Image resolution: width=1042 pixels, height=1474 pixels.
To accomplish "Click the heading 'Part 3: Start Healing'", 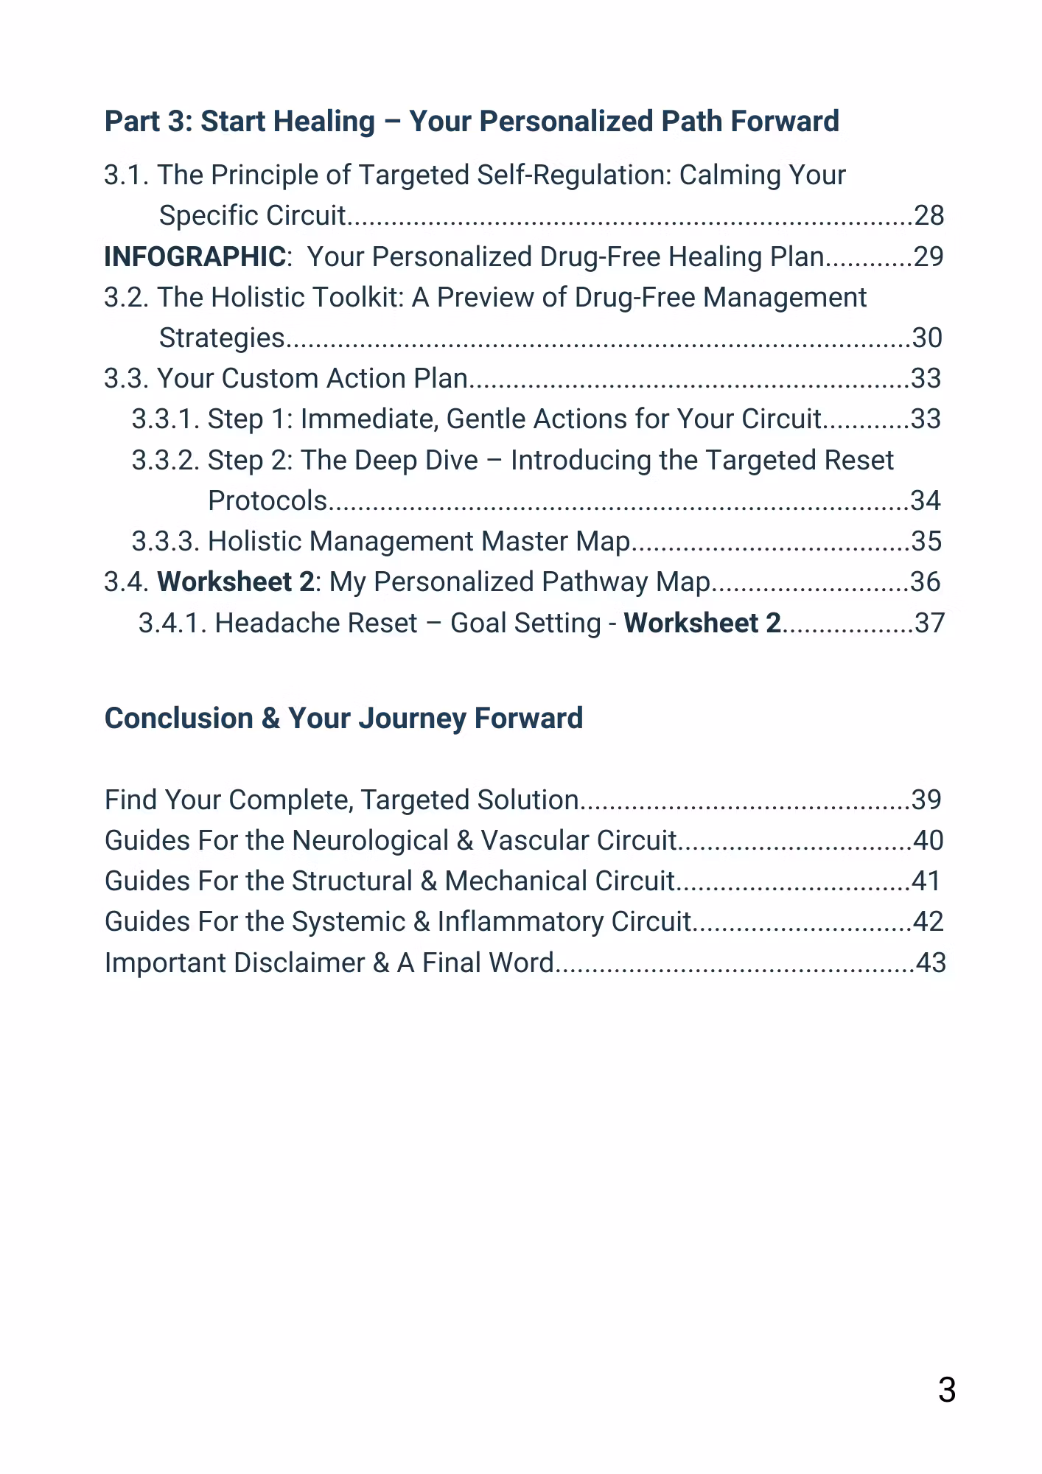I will click(472, 122).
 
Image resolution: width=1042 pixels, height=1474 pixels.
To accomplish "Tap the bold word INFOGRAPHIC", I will click(195, 257).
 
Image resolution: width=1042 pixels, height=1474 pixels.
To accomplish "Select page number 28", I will click(929, 216).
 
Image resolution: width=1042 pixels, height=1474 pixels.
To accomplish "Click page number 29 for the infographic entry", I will click(929, 257).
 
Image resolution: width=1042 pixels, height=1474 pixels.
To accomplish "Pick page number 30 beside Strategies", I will click(927, 338).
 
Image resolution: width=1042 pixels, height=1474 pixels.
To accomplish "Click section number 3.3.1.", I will click(166, 419).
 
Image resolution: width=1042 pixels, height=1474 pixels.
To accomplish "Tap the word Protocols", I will click(268, 501).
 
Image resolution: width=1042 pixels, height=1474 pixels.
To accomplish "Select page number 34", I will click(926, 501).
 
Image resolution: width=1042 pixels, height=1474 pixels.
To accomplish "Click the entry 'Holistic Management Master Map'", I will click(419, 542).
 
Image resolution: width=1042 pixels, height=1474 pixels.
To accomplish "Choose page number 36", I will click(925, 582).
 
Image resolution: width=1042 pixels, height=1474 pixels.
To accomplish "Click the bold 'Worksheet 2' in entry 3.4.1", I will click(702, 624).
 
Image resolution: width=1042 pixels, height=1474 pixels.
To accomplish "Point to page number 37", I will click(929, 624).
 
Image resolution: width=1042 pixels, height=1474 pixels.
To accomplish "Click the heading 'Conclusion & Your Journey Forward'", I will click(343, 719).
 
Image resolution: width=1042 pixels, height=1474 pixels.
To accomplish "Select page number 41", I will click(926, 881).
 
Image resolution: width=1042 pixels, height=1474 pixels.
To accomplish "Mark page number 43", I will click(930, 963).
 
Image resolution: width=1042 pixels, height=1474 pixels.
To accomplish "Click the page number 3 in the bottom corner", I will click(947, 1390).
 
